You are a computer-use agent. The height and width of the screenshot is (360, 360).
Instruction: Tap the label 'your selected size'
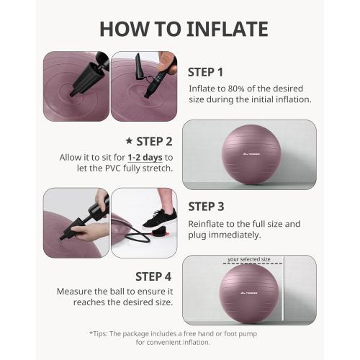point(248,260)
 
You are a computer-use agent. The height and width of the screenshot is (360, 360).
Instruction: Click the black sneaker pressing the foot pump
point(159,218)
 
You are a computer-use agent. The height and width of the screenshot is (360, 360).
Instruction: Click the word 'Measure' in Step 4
point(76,292)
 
